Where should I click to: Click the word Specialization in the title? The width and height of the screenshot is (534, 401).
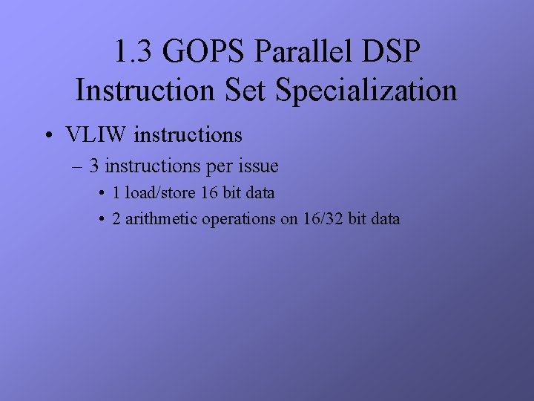366,91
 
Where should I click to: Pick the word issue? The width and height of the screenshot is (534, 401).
257,165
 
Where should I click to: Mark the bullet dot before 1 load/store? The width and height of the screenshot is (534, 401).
101,194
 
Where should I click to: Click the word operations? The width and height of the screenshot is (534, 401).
240,219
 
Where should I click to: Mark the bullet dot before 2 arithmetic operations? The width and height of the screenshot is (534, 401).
101,220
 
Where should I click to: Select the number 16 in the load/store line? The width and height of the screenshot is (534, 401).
211,193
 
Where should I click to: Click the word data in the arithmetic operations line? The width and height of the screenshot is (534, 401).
384,219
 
